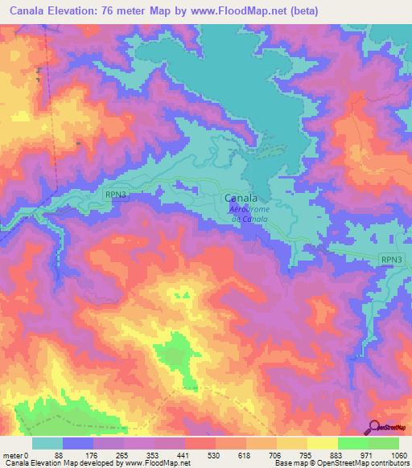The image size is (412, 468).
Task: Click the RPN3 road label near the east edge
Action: point(391,258)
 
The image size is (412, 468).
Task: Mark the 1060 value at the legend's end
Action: point(398,454)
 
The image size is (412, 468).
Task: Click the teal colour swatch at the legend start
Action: point(47,443)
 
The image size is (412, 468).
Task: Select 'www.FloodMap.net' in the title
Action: point(249,11)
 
